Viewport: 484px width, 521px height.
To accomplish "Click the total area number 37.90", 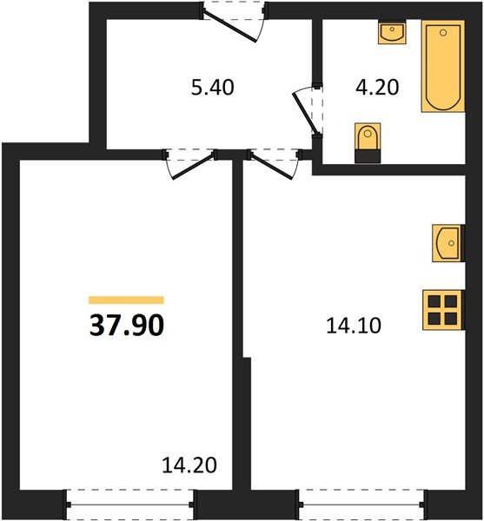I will coord(126,325).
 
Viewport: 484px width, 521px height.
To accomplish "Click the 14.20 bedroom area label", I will coord(188,463).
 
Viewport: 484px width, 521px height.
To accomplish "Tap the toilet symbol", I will coord(368,142).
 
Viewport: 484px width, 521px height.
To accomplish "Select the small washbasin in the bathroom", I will coord(392,34).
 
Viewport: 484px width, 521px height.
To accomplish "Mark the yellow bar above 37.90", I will coord(126,299).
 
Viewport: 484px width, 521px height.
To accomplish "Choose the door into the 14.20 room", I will coord(189,164).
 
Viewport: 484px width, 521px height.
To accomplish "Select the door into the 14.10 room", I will coord(275,164).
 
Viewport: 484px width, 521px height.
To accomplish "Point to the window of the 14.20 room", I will coord(130,500).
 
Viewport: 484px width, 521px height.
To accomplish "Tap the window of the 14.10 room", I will coord(361,500).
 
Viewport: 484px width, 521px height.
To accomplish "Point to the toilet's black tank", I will coord(368,155).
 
